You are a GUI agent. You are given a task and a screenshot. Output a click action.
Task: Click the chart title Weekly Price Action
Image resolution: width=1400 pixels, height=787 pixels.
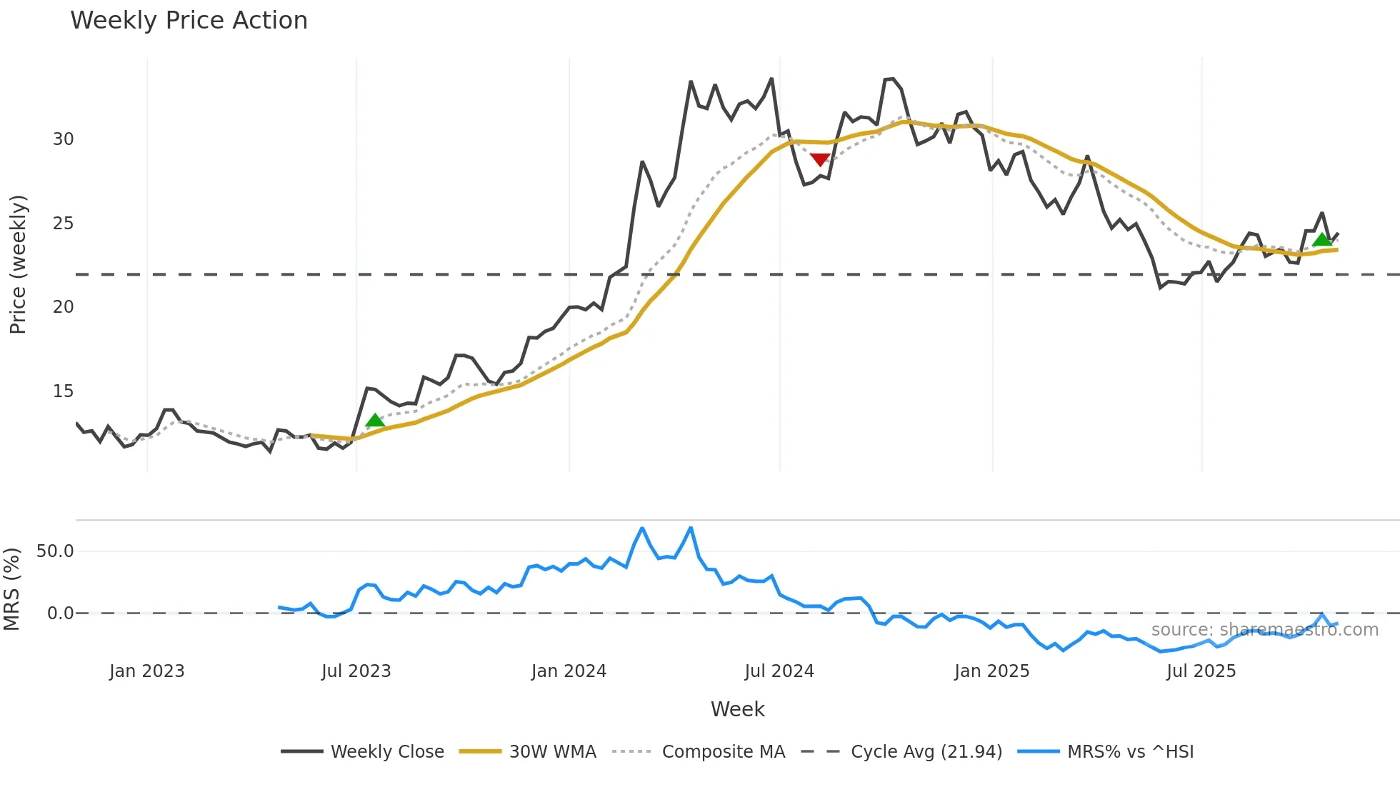click(x=189, y=21)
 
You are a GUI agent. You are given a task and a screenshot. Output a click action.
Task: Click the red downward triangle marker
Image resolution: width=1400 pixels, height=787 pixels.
click(x=820, y=159)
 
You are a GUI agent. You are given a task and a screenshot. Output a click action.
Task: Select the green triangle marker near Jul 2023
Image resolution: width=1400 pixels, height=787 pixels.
click(x=375, y=420)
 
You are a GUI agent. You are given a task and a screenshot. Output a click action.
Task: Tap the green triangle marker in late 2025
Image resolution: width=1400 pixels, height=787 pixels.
click(x=1322, y=239)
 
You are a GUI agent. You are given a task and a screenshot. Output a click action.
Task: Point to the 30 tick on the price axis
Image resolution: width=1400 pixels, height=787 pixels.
click(x=63, y=139)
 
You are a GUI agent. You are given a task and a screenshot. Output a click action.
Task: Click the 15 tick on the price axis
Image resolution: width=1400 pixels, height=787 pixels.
click(x=63, y=391)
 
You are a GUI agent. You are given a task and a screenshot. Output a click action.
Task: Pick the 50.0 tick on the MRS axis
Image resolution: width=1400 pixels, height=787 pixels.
click(x=55, y=551)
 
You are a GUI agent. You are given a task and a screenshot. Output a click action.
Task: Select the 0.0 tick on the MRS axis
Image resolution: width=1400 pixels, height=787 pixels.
click(x=60, y=613)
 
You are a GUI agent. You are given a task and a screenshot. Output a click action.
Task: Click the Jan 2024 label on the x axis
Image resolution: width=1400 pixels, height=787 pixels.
click(x=569, y=671)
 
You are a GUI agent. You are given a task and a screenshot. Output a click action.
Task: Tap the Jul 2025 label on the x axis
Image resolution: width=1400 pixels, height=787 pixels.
click(x=1201, y=671)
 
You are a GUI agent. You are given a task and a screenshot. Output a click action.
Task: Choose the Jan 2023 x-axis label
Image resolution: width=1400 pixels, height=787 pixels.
click(x=146, y=671)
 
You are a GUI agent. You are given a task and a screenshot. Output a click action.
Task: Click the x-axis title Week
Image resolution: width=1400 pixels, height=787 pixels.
click(x=737, y=709)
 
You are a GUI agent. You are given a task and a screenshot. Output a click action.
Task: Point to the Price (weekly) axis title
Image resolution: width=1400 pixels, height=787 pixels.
click(x=18, y=264)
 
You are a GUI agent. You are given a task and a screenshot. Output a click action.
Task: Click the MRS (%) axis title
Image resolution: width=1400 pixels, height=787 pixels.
click(x=11, y=589)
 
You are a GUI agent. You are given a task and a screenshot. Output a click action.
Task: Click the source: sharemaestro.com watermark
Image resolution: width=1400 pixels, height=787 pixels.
click(x=1264, y=630)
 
